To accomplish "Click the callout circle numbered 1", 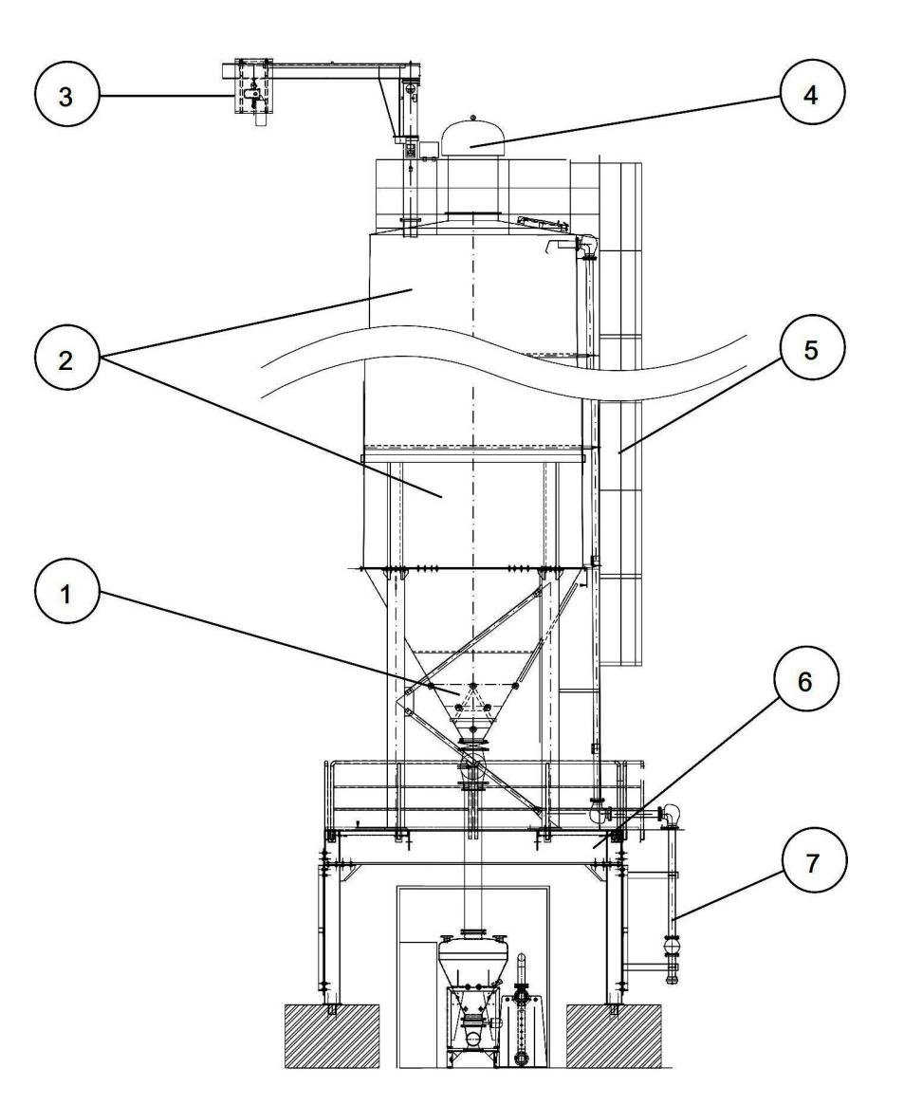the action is (x=65, y=594).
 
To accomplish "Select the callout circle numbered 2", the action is (x=65, y=359).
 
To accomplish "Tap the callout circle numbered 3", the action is (x=65, y=96).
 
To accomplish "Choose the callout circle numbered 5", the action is (x=811, y=349).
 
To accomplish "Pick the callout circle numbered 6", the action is (x=805, y=681).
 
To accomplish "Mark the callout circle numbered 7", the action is (x=813, y=862).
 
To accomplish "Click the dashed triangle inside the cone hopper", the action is (x=472, y=698).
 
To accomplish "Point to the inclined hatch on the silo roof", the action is (x=544, y=224).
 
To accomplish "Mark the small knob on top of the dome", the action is (x=472, y=117).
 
